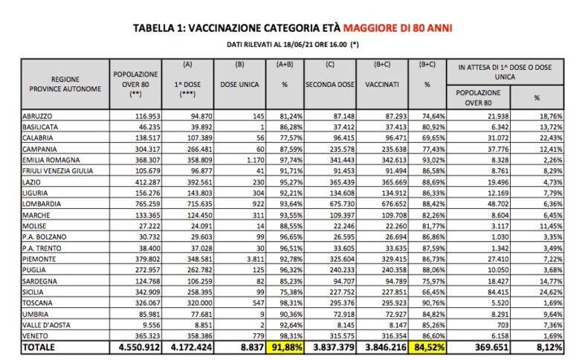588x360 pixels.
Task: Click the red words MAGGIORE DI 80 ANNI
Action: tap(398, 28)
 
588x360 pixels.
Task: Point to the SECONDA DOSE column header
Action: tap(329, 85)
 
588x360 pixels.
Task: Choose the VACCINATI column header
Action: tap(382, 85)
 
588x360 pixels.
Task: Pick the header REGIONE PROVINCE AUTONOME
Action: tap(65, 83)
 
